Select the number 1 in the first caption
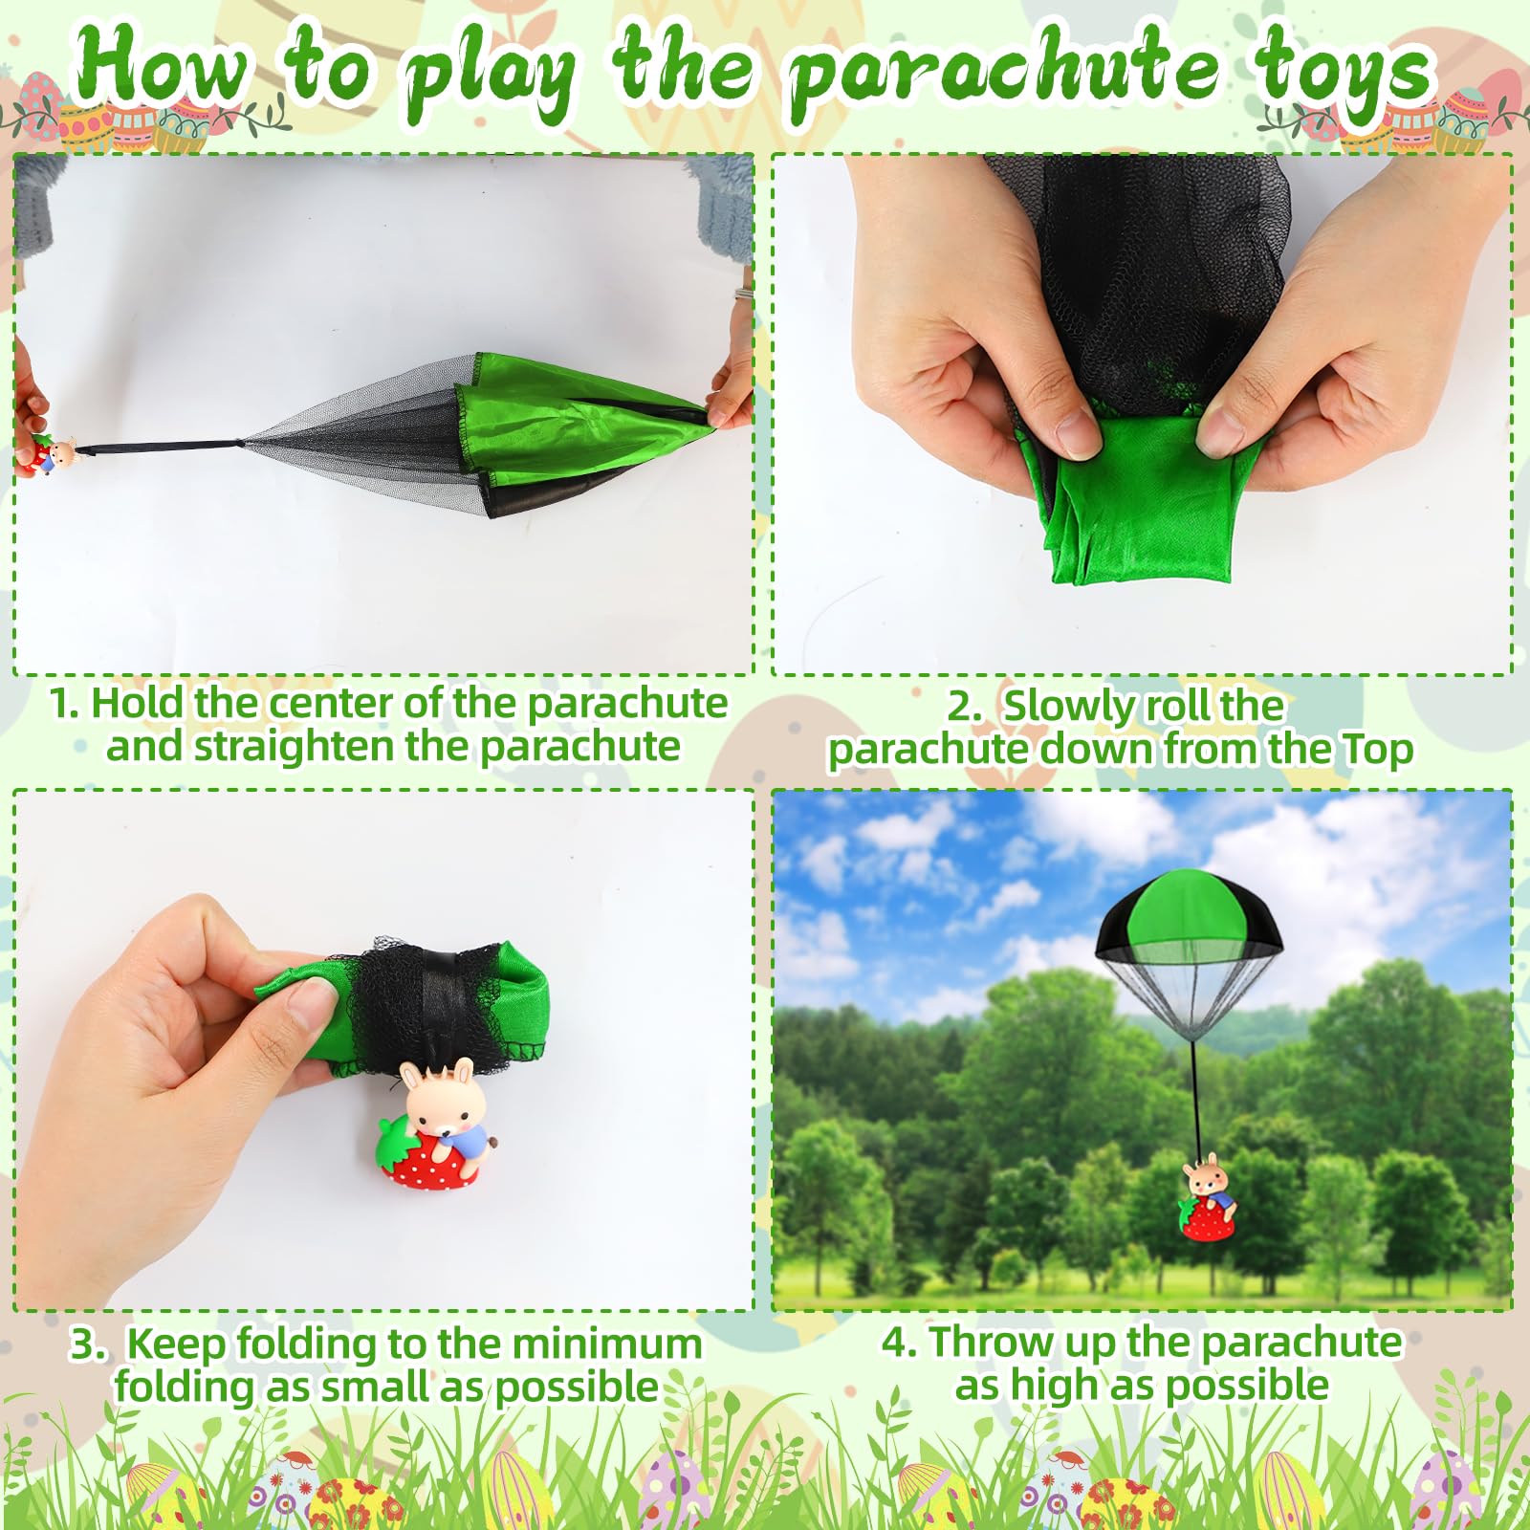(x=61, y=704)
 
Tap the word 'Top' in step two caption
(x=1376, y=750)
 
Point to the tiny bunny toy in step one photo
(x=55, y=452)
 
